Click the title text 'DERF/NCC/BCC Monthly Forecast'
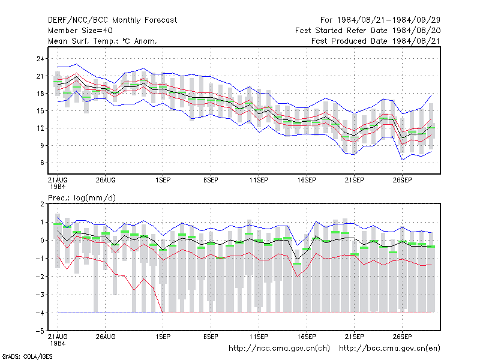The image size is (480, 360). pos(112,20)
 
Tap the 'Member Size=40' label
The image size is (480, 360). pos(80,31)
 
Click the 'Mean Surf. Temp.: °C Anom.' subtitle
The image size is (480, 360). pos(103,41)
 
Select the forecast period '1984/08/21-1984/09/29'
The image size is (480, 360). pos(388,20)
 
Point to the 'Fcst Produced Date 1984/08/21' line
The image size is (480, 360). pos(376,41)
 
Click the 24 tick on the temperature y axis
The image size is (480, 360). pos(40,59)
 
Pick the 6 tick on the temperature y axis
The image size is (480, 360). pos(42,163)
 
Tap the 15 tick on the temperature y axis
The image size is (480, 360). pos(40,111)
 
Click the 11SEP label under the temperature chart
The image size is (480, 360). pos(259,181)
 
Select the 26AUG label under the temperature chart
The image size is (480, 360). pos(106,181)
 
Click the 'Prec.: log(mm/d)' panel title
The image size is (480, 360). pos(82,198)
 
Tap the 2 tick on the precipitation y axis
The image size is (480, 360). pos(42,204)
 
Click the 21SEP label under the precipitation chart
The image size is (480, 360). pos(355,337)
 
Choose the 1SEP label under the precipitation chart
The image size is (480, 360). pos(163,337)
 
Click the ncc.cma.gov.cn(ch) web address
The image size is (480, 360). pos(279,349)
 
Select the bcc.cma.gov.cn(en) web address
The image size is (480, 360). pos(389,349)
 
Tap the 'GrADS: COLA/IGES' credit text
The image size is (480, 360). pos(27,356)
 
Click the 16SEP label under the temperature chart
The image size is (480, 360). pos(307,181)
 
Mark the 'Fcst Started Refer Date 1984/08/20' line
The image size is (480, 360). pos(368,31)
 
